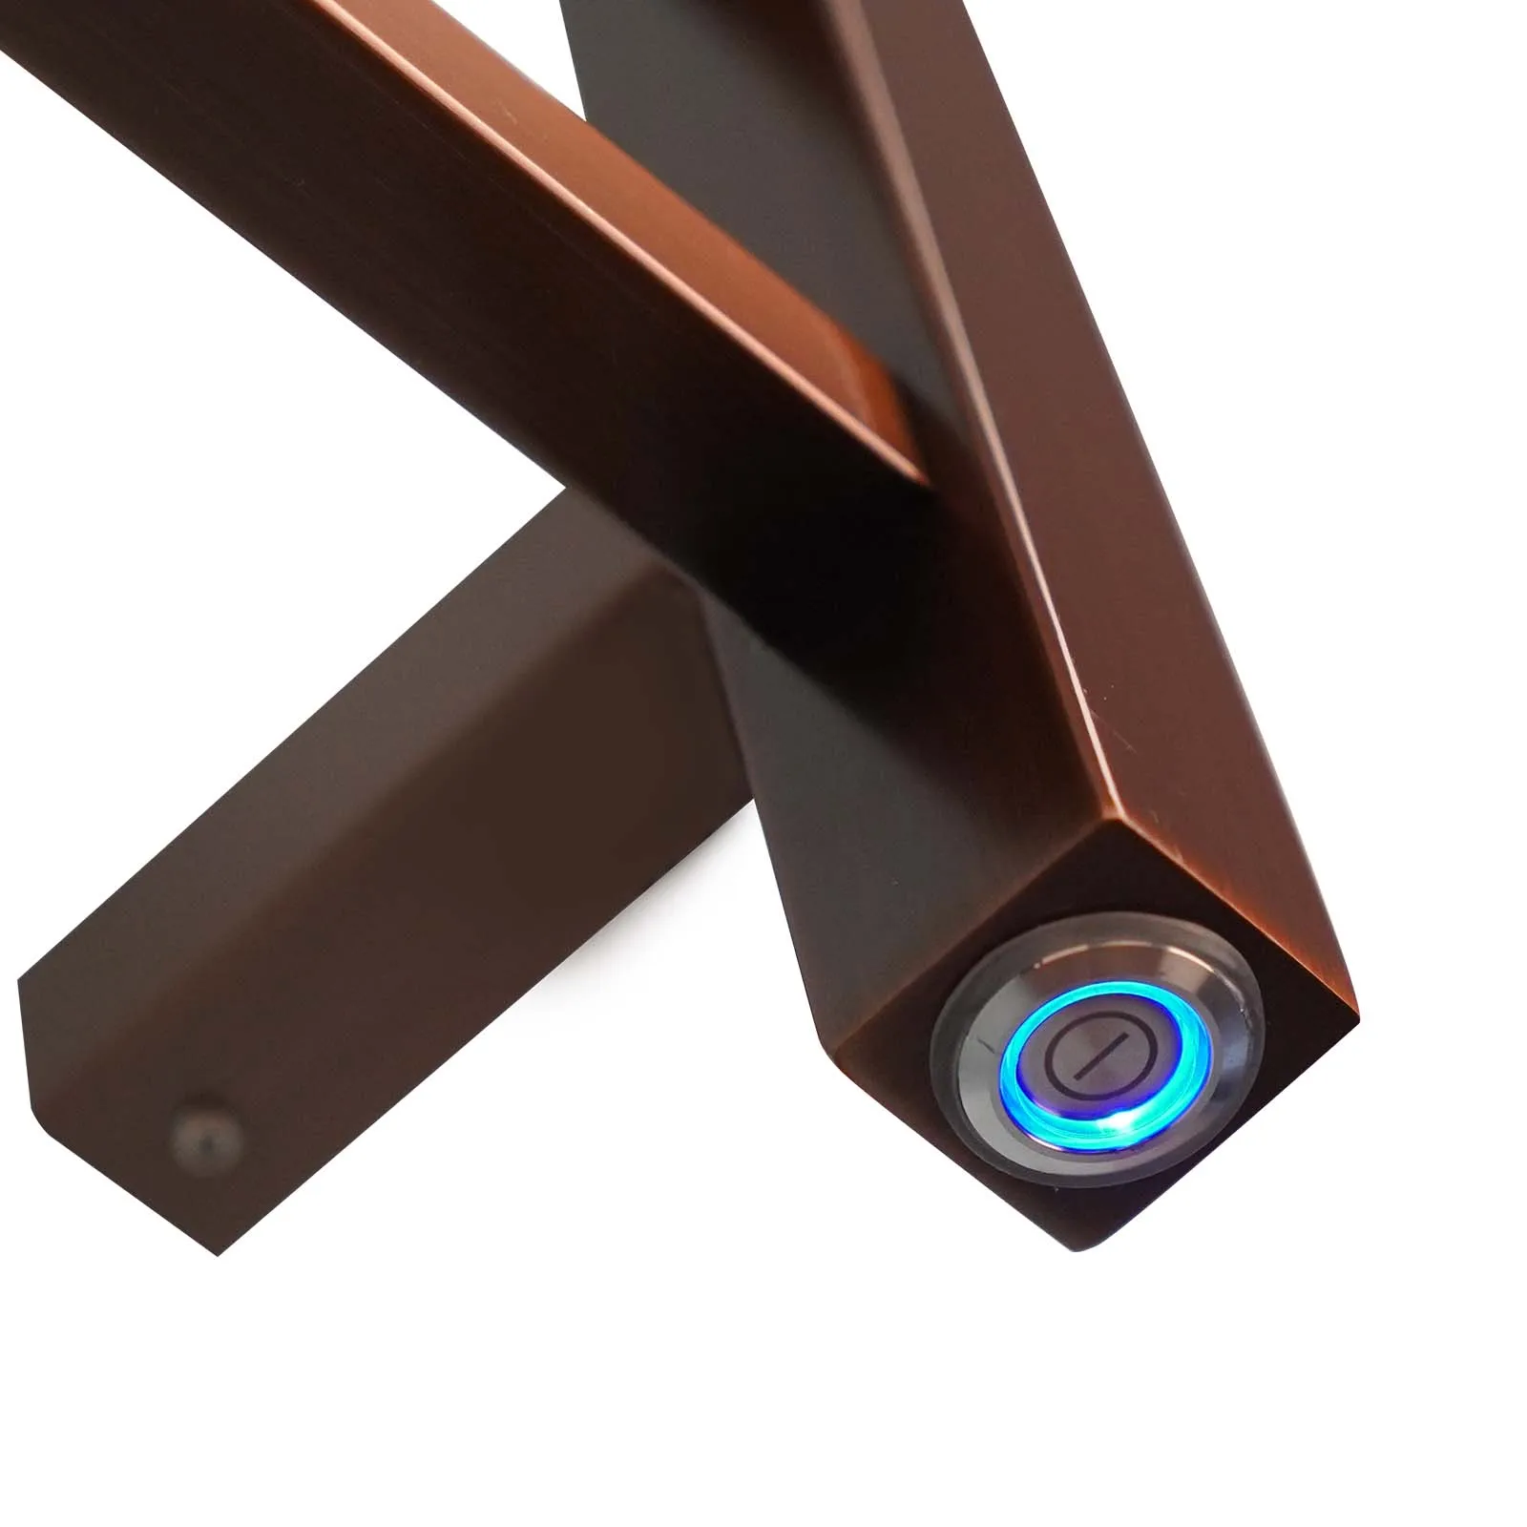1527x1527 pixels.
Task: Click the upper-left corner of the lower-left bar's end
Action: (x=21, y=983)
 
